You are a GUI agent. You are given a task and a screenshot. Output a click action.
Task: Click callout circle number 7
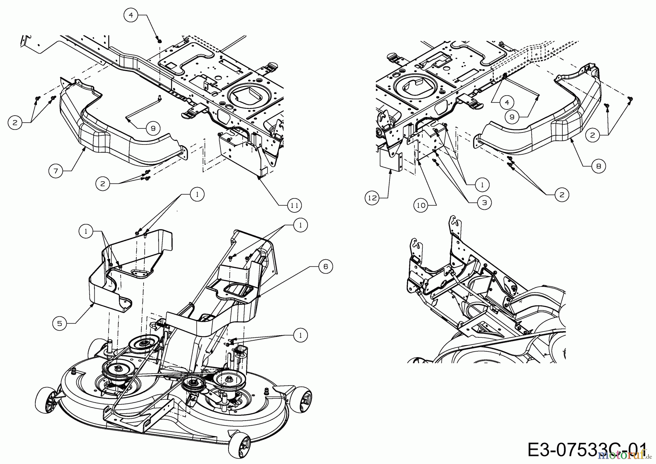point(55,170)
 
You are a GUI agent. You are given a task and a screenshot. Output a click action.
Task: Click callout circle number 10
point(421,205)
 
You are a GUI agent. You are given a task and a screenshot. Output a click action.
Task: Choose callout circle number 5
point(59,323)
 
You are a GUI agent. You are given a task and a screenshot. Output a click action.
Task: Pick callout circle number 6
point(325,267)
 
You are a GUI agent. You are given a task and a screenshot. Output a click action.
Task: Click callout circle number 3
point(484,202)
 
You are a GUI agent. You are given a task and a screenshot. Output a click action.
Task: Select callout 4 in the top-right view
point(507,103)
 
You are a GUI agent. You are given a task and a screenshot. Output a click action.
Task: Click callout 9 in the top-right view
point(512,117)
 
